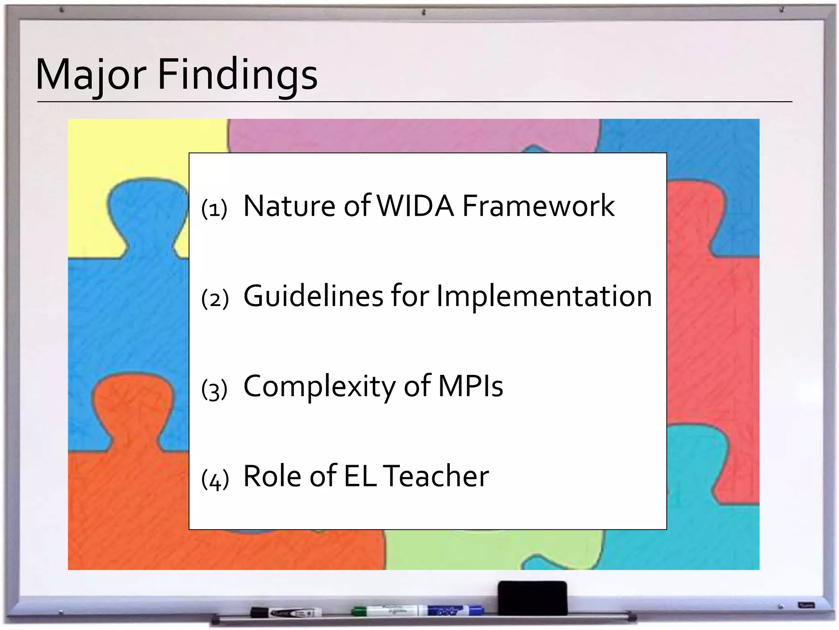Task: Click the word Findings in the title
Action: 238,75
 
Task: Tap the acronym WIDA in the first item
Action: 415,205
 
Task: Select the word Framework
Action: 538,205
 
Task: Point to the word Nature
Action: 289,205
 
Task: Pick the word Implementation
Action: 544,296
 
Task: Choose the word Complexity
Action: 320,386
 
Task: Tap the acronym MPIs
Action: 471,386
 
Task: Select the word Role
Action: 272,476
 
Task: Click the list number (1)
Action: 214,209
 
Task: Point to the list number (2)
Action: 215,299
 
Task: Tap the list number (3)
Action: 214,389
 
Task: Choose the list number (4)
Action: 215,479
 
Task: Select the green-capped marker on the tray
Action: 385,611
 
